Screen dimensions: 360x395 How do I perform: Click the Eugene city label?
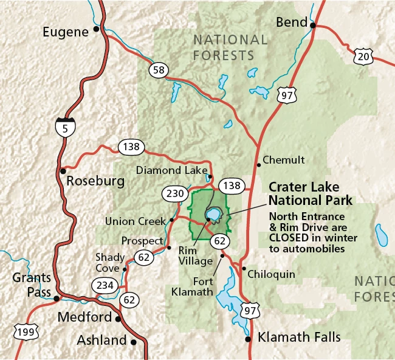click(66, 32)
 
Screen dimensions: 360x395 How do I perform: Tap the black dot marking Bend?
click(314, 26)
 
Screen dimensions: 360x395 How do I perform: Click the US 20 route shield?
click(363, 56)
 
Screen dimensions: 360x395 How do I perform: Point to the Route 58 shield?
click(159, 71)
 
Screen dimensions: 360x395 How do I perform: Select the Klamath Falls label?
click(299, 337)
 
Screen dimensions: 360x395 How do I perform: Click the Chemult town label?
click(285, 161)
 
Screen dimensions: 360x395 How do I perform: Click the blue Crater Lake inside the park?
click(213, 215)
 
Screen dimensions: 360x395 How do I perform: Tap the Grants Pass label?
click(32, 285)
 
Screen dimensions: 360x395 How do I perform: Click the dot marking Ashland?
click(134, 342)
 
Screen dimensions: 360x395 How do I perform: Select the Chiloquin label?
click(272, 274)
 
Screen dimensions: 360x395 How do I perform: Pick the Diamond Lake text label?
click(171, 170)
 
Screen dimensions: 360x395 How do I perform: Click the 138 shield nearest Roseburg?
click(131, 147)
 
